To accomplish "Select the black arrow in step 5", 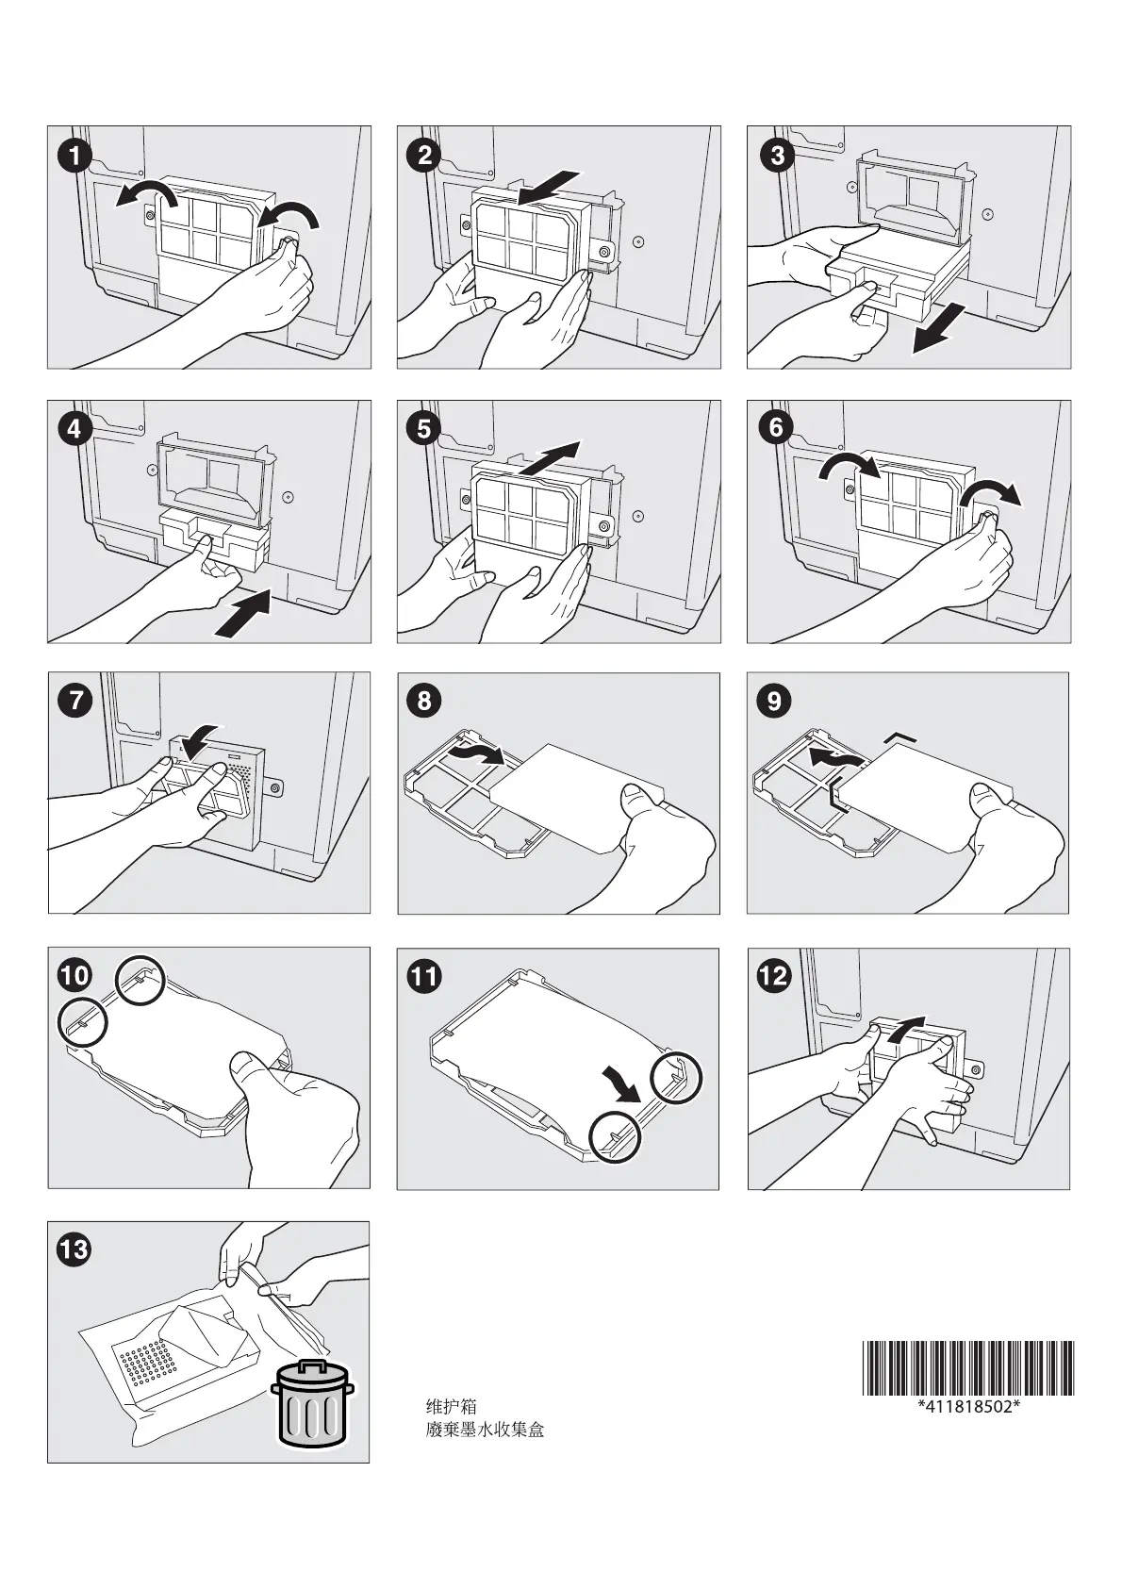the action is (549, 458).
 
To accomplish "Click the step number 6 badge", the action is (777, 427).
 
